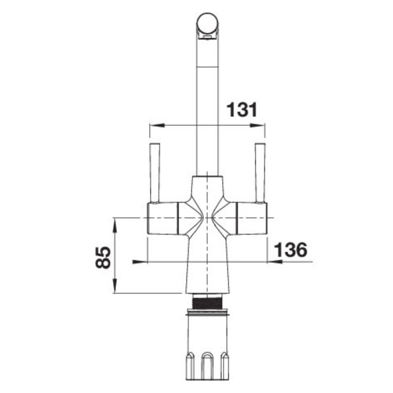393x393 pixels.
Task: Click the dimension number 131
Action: [242, 110]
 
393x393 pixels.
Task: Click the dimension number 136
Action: [291, 249]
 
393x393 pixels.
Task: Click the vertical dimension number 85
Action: [103, 257]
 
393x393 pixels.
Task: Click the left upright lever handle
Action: [155, 173]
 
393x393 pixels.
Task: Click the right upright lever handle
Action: [260, 173]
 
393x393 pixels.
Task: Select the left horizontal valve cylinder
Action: [162, 219]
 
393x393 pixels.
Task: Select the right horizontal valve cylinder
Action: [252, 219]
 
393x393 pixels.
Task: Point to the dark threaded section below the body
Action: [208, 302]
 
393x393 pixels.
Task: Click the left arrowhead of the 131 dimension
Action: [157, 125]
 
